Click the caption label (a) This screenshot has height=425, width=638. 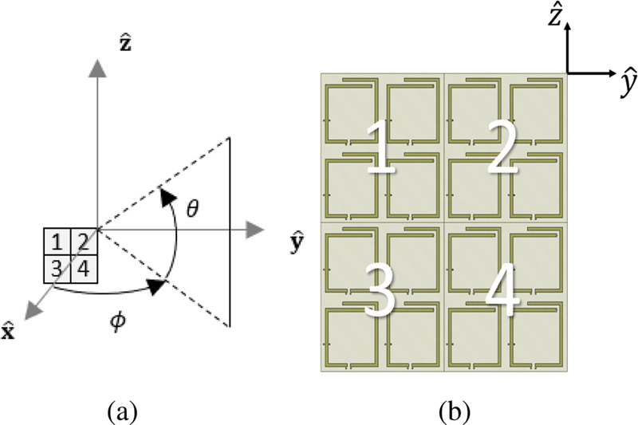tap(121, 411)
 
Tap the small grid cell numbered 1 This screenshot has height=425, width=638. tap(56, 242)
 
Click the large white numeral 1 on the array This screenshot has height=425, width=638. tap(381, 152)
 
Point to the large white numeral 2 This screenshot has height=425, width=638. tap(503, 152)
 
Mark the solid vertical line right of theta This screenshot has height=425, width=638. tap(230, 231)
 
